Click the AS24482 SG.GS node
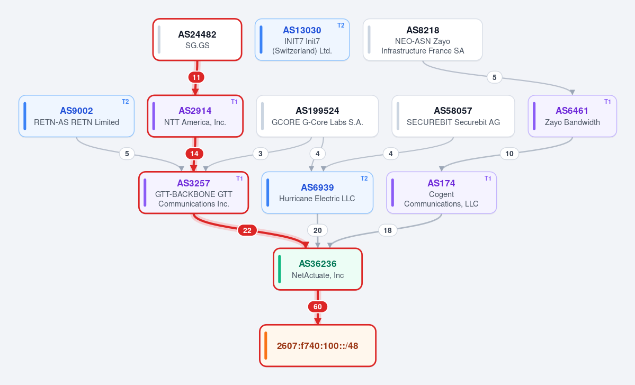[x=197, y=40]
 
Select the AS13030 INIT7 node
[x=302, y=40]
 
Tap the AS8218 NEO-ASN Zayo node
[x=423, y=40]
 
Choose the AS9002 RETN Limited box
[x=77, y=116]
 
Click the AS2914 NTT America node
[x=195, y=116]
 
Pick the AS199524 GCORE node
[x=318, y=116]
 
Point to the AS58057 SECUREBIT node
[x=453, y=116]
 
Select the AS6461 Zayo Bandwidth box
[x=572, y=116]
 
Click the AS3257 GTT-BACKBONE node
[x=194, y=193]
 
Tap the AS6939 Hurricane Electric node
[x=318, y=193]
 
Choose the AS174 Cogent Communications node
[x=441, y=193]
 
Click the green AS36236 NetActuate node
[x=318, y=269]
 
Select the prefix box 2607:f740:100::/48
[x=318, y=346]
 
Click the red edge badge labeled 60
[x=318, y=307]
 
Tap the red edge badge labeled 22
[x=247, y=230]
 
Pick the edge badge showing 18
[x=388, y=230]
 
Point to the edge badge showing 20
[x=318, y=230]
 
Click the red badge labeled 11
[x=196, y=77]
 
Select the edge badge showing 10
[x=509, y=154]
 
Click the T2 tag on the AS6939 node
[x=364, y=178]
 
